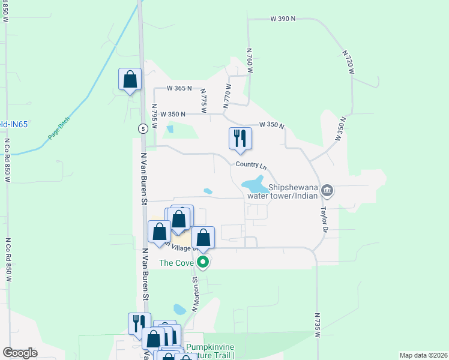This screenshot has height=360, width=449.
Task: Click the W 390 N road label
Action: coord(283,19)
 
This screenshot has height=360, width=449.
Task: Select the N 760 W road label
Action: coord(250,61)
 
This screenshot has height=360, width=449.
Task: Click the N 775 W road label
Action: coord(204,97)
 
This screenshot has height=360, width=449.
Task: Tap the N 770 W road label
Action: coord(227,97)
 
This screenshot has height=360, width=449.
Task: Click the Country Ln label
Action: coord(251,164)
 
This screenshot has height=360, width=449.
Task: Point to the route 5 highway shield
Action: coord(142,128)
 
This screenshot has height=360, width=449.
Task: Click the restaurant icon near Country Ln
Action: coord(240,139)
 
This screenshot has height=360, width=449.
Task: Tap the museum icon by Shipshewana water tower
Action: coord(327,191)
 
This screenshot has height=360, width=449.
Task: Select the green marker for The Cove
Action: coord(203,262)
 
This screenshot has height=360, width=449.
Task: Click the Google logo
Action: coord(20,353)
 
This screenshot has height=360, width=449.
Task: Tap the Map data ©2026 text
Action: coord(423,355)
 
